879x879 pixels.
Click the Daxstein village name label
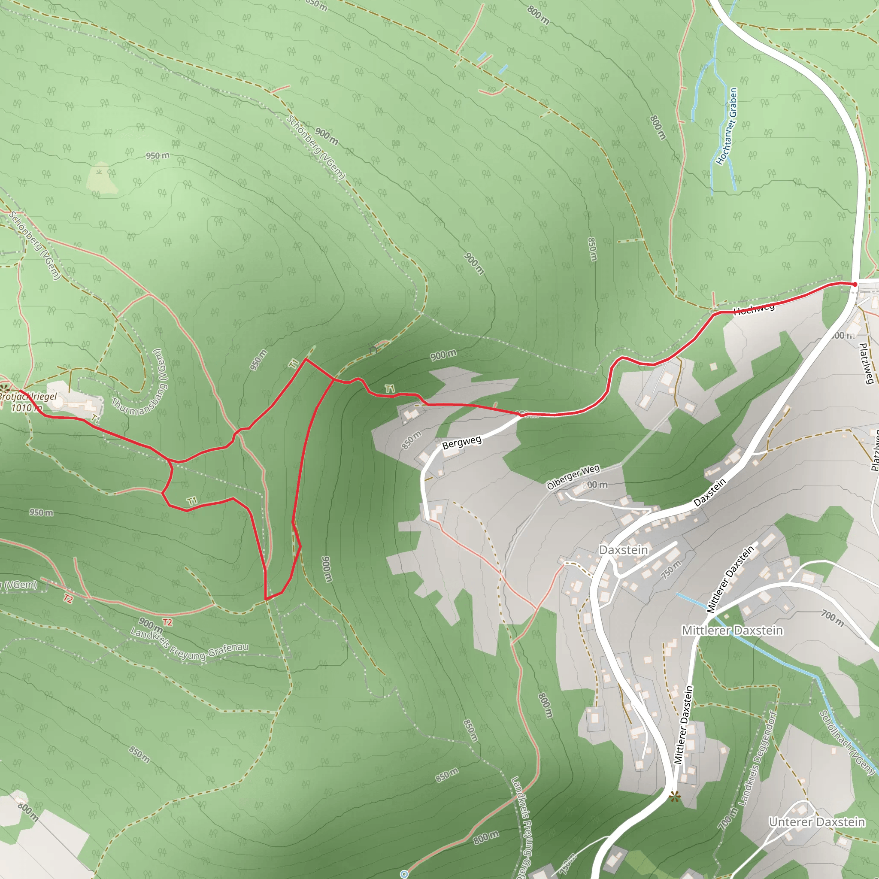point(623,550)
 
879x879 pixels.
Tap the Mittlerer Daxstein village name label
point(732,630)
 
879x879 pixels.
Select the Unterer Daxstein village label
point(817,821)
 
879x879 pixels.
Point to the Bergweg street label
point(462,442)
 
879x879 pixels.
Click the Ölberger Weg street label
point(573,477)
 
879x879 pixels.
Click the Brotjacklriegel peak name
point(28,396)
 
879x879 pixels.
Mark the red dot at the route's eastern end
point(855,285)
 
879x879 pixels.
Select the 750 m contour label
point(671,569)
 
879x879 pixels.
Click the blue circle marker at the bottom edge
point(404,873)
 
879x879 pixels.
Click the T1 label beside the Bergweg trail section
point(390,388)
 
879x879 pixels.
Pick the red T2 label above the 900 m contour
point(167,622)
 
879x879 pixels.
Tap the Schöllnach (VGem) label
point(847,742)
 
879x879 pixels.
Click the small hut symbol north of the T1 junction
point(373,350)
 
